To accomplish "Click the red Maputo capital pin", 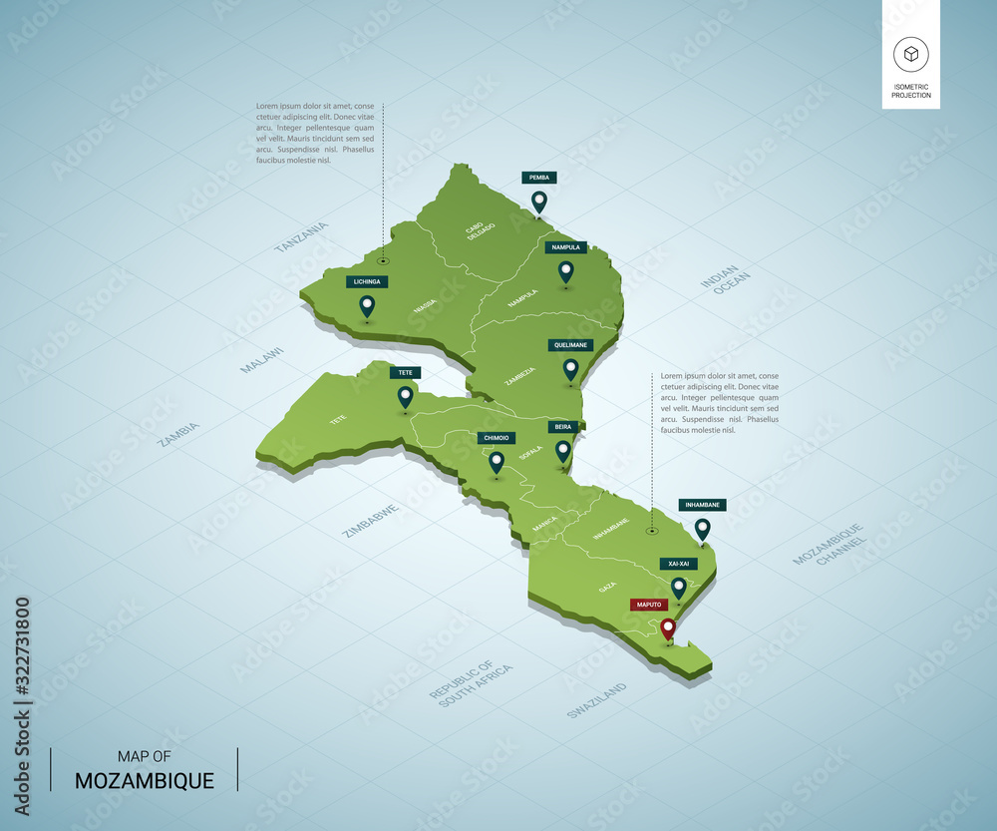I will (x=668, y=627).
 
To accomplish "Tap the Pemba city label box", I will (x=539, y=178).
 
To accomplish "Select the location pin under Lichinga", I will (x=367, y=305).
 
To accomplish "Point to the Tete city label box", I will (x=406, y=373).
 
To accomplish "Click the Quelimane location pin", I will (x=571, y=369).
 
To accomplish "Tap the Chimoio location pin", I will (x=497, y=461).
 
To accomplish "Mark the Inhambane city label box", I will (x=702, y=505).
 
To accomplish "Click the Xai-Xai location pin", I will (x=679, y=587).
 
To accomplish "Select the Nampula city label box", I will (x=565, y=247).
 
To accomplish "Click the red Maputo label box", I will (x=649, y=605).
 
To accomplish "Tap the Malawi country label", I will (x=262, y=360).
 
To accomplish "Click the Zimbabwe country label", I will (x=371, y=521).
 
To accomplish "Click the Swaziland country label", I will (x=596, y=700).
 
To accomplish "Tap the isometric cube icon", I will (x=911, y=53).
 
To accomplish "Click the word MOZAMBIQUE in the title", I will (x=145, y=780).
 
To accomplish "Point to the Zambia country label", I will (x=179, y=433).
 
